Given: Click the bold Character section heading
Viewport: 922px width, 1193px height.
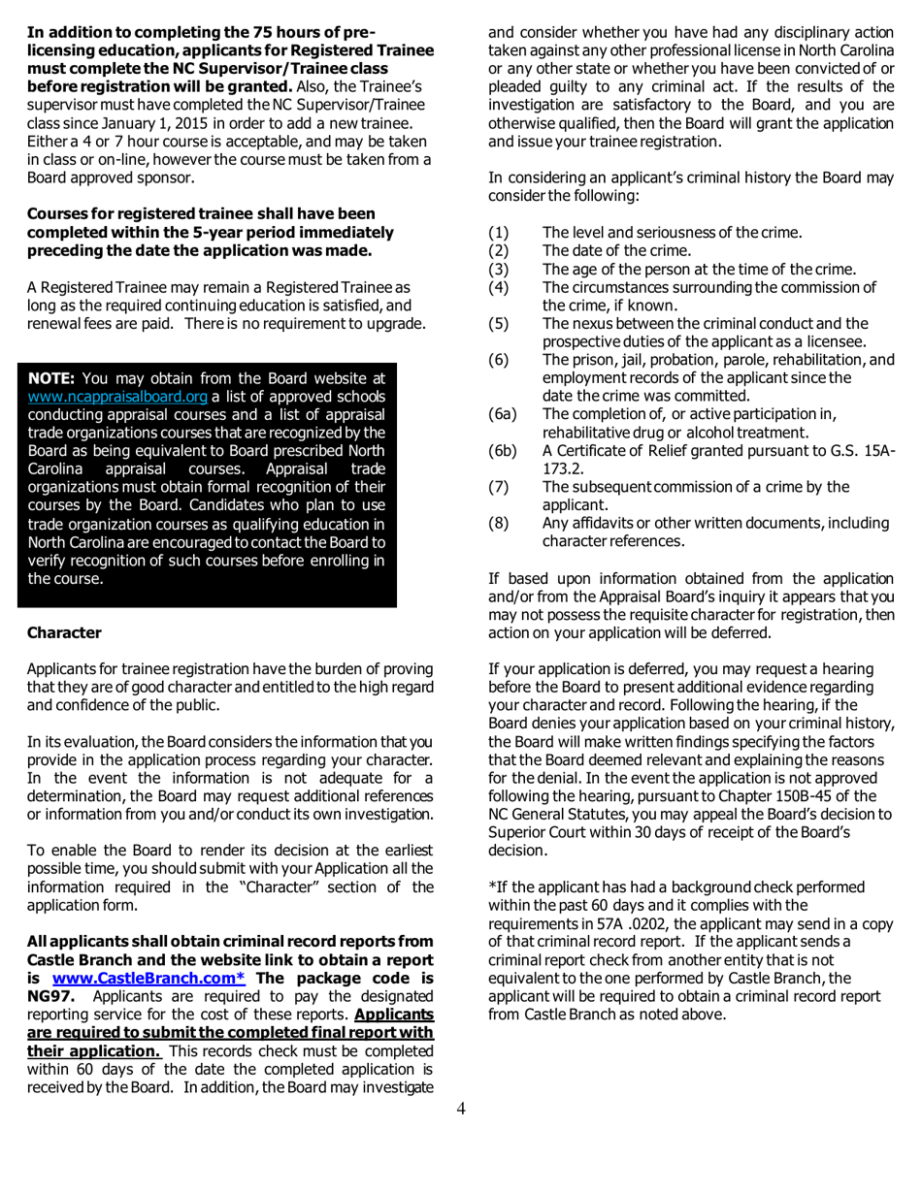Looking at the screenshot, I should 64,632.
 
